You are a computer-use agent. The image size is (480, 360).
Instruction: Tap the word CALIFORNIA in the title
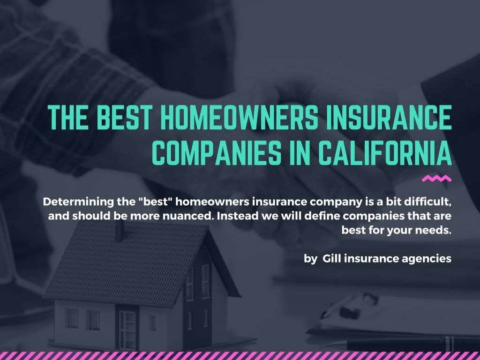pos(385,153)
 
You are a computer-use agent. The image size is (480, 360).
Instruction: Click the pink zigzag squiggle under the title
pos(436,179)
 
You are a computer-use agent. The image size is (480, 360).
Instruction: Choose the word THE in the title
pos(67,119)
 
